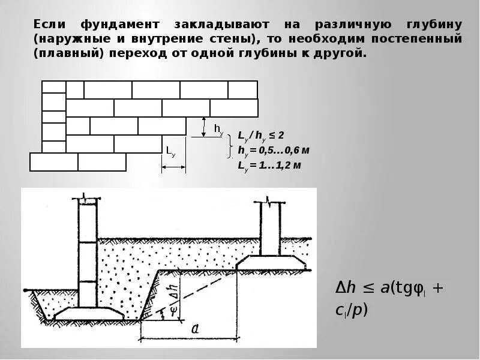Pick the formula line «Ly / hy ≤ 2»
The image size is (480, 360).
coord(261,136)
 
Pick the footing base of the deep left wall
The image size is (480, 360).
coord(89,313)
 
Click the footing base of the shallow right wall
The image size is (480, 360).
coord(271,262)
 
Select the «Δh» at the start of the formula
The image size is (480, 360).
coord(346,288)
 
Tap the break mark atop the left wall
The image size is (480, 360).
coord(88,197)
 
